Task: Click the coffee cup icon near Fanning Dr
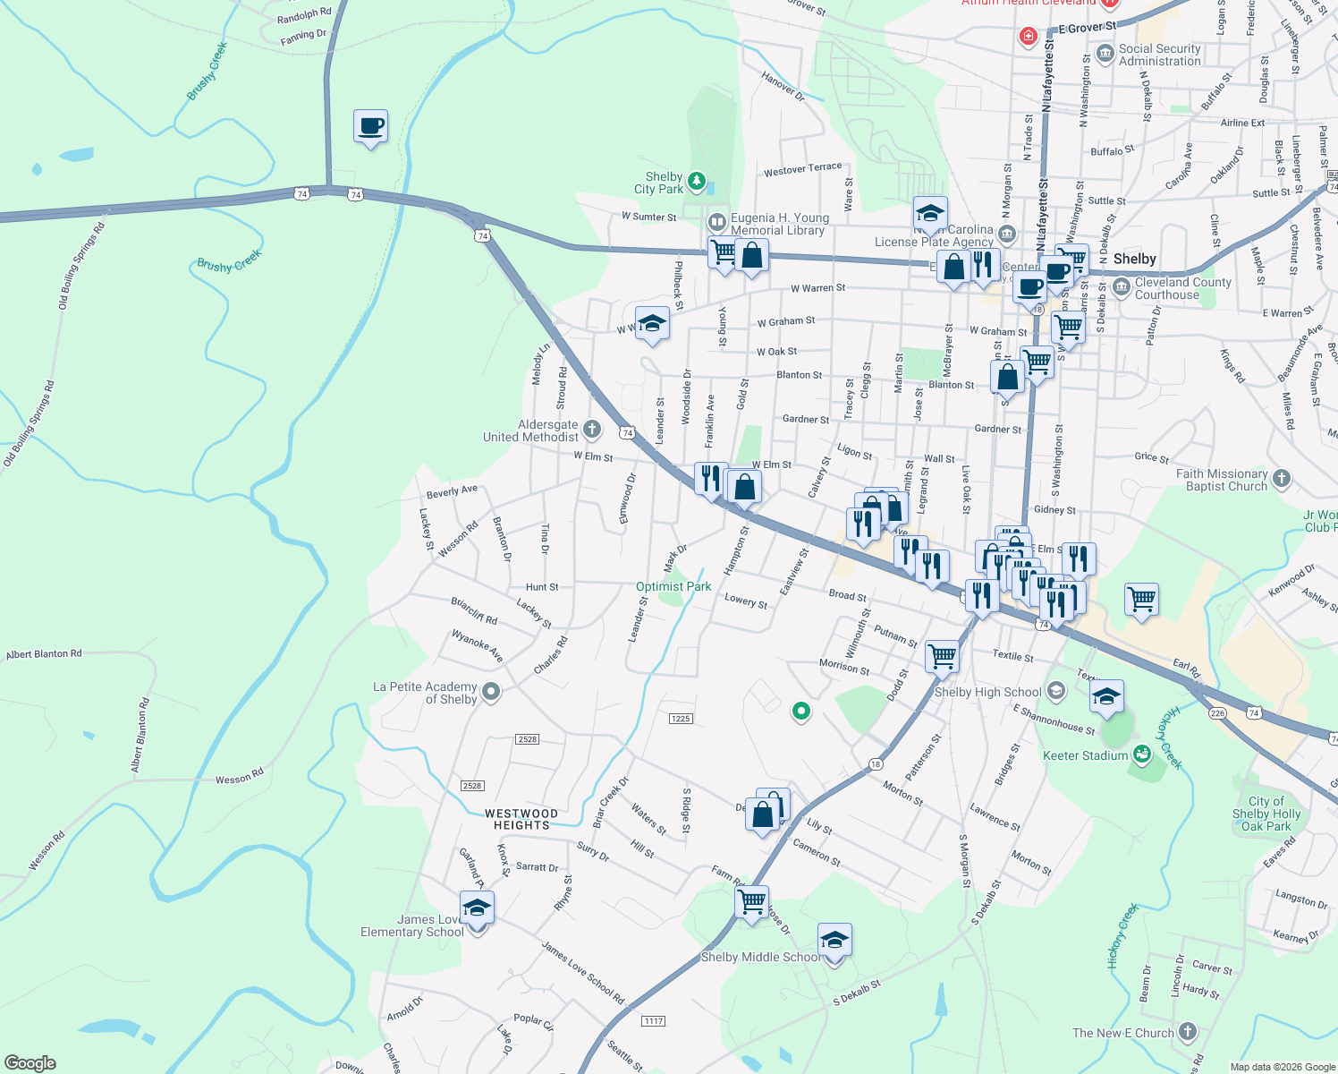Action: [x=370, y=128]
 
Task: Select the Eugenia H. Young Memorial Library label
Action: [x=779, y=224]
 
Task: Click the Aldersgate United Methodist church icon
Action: [x=592, y=430]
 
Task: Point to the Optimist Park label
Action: [x=673, y=587]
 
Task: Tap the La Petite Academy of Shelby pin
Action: [x=491, y=692]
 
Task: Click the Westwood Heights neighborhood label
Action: [x=521, y=819]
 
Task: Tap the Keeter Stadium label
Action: [x=1086, y=756]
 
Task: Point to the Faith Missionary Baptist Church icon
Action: [x=1282, y=479]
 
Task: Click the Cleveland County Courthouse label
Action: [x=1182, y=288]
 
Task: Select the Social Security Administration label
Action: [x=1159, y=55]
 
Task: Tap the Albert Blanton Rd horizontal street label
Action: [x=44, y=654]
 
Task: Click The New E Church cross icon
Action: [x=1188, y=1032]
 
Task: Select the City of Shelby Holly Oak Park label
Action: [x=1266, y=814]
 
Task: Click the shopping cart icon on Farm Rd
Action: [x=751, y=901]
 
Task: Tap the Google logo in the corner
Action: [x=30, y=1063]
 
